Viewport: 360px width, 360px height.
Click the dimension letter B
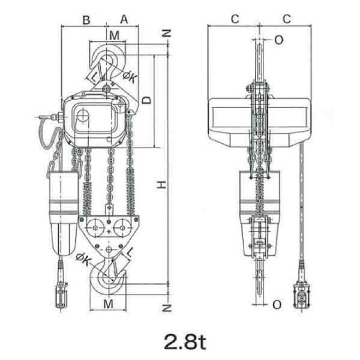(86, 20)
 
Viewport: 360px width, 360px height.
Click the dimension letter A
(124, 19)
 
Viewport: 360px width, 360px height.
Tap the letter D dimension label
(147, 100)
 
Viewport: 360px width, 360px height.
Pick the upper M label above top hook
(115, 35)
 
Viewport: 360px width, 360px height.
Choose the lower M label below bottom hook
(109, 304)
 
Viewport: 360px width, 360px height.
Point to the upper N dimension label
(167, 34)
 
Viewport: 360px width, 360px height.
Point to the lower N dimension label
(167, 308)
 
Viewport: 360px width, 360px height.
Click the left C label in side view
(235, 19)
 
